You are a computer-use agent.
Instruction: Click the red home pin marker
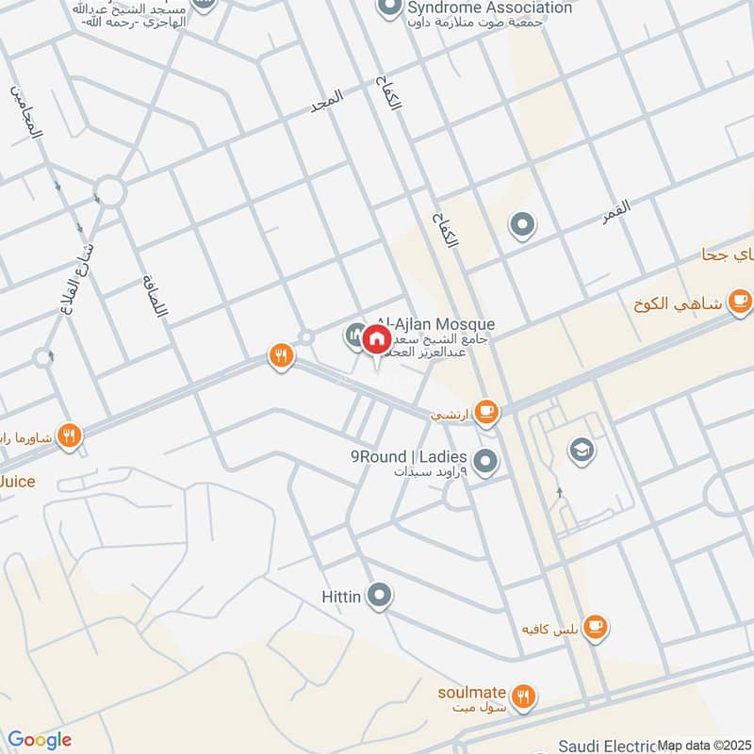376,338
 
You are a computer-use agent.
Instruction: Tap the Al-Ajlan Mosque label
435,324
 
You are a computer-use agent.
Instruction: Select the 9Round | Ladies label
409,456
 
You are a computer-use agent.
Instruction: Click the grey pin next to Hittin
380,595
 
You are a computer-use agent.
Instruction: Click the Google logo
40,740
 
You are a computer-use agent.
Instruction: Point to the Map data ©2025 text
704,745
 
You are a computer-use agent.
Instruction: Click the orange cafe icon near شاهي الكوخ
741,302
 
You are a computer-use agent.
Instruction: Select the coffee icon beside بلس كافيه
595,626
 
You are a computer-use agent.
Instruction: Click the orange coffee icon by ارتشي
486,411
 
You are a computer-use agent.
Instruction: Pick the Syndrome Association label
490,8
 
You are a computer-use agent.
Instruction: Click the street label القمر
617,211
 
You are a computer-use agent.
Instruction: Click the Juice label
17,482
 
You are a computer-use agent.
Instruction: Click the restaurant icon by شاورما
68,435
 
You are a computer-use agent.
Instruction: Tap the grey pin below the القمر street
521,225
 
